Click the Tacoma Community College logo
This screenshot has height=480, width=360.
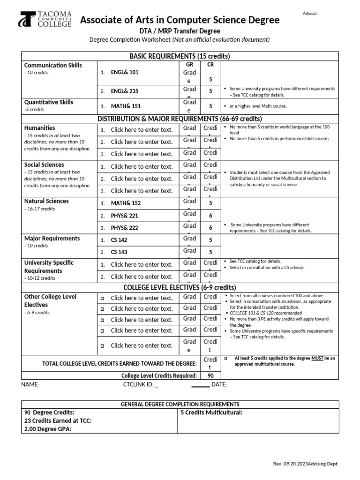click(45, 19)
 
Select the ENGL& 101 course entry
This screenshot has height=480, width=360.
click(124, 73)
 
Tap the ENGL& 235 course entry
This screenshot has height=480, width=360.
click(124, 91)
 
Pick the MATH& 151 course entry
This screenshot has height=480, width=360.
click(125, 106)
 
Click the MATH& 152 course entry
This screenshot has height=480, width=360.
click(125, 203)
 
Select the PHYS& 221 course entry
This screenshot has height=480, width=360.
click(125, 216)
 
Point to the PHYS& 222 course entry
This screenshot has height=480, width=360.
click(125, 228)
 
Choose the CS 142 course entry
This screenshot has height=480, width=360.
click(119, 240)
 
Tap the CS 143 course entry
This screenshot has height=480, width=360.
click(119, 252)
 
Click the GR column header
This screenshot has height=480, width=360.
click(190, 65)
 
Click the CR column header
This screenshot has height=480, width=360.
click(210, 65)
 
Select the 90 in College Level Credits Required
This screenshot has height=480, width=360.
click(210, 375)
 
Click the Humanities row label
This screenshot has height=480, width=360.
click(39, 128)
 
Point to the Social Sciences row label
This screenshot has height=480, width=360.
click(44, 165)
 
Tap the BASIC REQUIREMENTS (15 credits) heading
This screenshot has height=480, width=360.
click(180, 56)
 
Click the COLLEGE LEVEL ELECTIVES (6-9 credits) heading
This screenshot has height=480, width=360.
click(180, 287)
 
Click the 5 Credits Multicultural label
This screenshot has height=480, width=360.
click(211, 412)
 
